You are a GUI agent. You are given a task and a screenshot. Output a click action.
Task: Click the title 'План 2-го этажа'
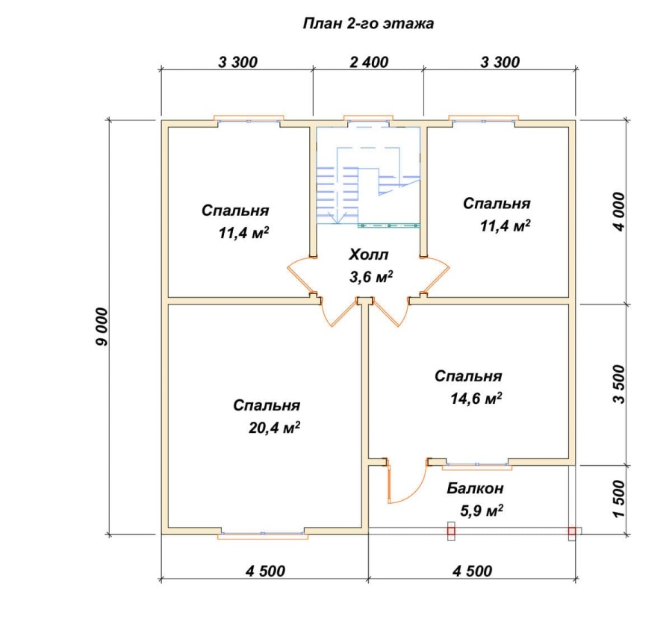coord(368,24)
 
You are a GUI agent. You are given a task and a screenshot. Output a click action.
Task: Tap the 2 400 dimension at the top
coord(369,62)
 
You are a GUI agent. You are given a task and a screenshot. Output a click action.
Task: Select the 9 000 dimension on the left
coord(103,327)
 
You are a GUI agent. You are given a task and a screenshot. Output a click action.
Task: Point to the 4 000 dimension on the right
coord(620,212)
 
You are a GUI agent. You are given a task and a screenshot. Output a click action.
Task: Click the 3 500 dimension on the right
coord(620,384)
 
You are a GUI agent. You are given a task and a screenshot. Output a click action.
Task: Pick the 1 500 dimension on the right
coord(620,499)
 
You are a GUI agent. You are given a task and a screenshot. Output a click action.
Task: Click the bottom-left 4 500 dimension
coord(265,571)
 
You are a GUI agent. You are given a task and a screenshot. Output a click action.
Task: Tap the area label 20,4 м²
coord(274,427)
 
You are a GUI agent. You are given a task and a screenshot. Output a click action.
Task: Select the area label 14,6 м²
coord(476,398)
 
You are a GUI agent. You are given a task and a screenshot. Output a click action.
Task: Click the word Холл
coord(369,255)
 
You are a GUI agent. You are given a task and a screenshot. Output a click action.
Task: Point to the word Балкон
coord(475,488)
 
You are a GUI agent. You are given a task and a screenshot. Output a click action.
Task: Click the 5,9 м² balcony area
coord(482,511)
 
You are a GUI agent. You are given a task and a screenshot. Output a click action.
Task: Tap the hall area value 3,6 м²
coord(371,277)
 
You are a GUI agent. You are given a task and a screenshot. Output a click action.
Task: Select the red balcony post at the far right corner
coord(572,531)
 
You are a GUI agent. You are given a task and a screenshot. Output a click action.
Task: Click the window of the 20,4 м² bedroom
coord(263,534)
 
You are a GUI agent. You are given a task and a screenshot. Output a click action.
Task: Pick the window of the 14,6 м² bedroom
coord(477,464)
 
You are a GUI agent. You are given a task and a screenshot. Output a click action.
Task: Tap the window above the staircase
coord(369,120)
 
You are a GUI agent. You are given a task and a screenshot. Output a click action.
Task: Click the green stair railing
coord(389,225)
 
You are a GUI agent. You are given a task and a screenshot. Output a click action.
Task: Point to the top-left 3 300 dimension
coord(238,62)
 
